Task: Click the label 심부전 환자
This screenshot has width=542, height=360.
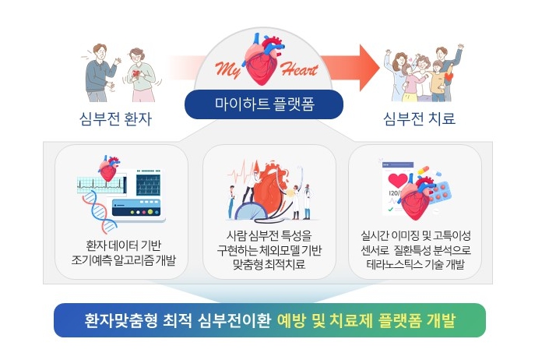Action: (x=115, y=118)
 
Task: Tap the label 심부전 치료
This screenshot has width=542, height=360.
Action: (x=419, y=118)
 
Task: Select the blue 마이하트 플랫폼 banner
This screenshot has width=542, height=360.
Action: (x=264, y=104)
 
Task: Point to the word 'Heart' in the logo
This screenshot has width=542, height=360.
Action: (x=299, y=69)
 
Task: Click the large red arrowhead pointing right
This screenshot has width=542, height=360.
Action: (x=369, y=68)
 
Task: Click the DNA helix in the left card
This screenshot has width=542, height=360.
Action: (x=98, y=212)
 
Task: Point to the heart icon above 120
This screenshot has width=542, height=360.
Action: (x=398, y=180)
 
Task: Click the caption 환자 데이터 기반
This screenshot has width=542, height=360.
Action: (x=123, y=245)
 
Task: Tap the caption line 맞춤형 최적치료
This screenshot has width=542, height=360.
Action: (x=269, y=265)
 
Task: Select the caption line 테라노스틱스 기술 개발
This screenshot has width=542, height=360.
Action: (x=415, y=265)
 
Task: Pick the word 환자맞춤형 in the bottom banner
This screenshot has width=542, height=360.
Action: (x=121, y=320)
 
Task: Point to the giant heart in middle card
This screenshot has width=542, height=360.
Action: (x=270, y=189)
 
